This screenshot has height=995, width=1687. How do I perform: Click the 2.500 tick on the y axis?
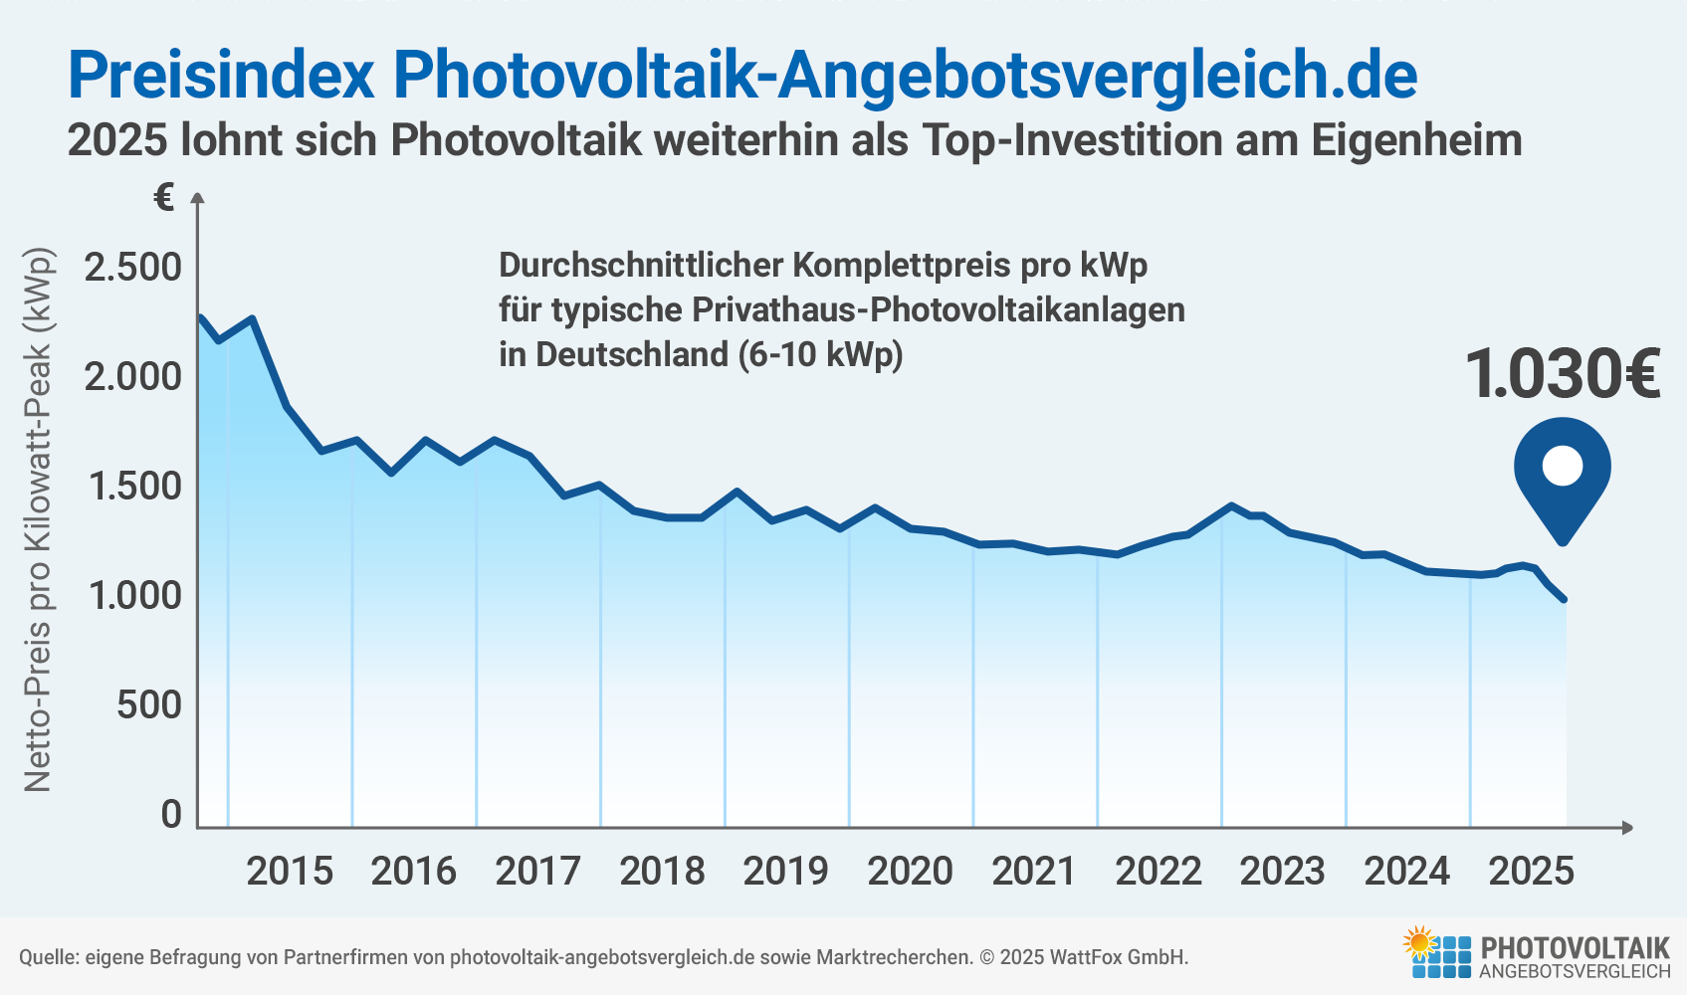(x=133, y=268)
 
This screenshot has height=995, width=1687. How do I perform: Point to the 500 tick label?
(x=149, y=705)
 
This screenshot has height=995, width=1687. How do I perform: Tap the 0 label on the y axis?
(x=171, y=815)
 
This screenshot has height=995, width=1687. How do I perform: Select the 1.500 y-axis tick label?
(x=133, y=487)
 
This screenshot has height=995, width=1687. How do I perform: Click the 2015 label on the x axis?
(x=290, y=872)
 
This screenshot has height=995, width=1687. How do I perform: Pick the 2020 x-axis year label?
(x=910, y=872)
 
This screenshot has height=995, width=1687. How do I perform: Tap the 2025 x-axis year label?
(x=1531, y=872)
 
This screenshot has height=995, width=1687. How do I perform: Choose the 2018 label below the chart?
(x=662, y=872)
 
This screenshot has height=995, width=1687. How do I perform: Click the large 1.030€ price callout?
(x=1563, y=375)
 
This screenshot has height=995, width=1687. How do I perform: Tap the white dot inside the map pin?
(x=1563, y=466)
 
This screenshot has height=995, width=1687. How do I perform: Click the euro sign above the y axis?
(x=164, y=198)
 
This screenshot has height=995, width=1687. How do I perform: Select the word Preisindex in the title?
(x=221, y=75)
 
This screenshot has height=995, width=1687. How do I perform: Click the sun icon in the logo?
(x=1420, y=941)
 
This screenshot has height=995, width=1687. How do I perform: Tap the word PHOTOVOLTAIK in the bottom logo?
(x=1576, y=947)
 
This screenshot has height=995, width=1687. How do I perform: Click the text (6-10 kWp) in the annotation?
(x=820, y=354)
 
